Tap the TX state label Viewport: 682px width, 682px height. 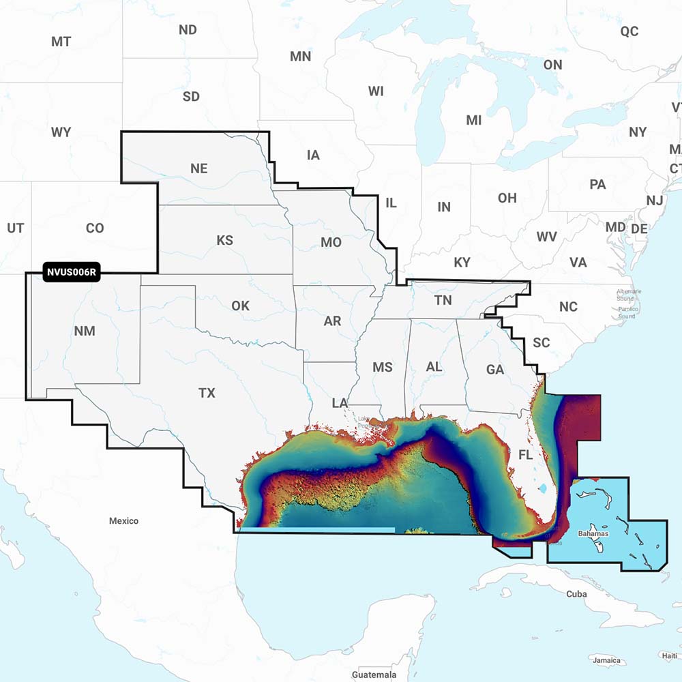pos(207,393)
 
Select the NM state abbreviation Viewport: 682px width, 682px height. pos(85,331)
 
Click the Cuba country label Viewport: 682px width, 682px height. pos(576,594)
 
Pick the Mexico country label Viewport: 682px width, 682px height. pos(123,520)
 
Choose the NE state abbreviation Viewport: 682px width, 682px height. pos(199,168)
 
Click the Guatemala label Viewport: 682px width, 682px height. pos(374,674)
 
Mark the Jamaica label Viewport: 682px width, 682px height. pos(606,660)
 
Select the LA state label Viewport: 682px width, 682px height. pos(340,403)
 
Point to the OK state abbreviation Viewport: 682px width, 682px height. pos(240,306)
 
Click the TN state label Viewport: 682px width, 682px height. pos(443,300)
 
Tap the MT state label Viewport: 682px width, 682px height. pos(61,42)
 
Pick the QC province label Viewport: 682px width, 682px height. pos(629,31)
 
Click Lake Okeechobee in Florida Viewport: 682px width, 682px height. pos(544,488)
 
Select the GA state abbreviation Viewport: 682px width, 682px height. pos(495,370)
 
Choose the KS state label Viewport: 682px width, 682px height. pos(224,240)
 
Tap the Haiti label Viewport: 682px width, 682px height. pos(669,655)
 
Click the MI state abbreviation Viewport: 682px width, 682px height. pos(473,120)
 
